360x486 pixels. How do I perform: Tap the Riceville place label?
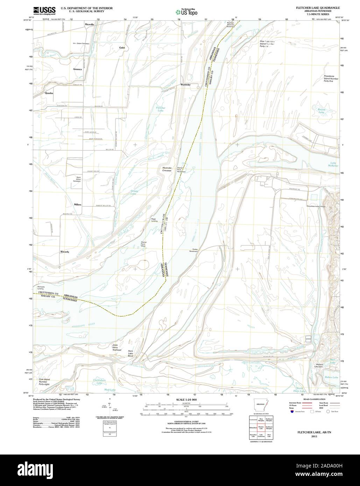click(90, 24)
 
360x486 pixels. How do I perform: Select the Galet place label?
click(122, 48)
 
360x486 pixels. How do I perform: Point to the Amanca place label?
click(77, 69)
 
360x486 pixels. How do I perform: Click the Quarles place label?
click(49, 93)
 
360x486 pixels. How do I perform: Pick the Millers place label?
click(77, 204)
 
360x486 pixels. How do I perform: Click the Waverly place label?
click(64, 252)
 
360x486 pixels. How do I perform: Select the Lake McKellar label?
click(333, 165)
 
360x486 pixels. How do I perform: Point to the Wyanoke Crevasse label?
click(167, 169)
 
